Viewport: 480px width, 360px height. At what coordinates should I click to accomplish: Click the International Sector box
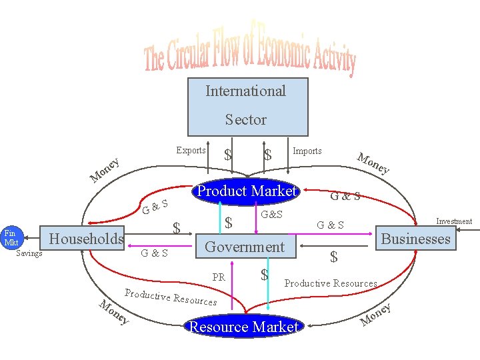(246, 106)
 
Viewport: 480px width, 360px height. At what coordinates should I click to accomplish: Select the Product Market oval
(245, 191)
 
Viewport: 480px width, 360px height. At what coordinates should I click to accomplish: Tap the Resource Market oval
(243, 327)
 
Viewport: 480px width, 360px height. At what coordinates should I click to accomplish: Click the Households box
(87, 239)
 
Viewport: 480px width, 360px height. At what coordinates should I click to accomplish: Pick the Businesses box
(415, 239)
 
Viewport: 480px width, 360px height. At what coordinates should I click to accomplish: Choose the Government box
(245, 247)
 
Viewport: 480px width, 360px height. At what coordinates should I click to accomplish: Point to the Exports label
(191, 150)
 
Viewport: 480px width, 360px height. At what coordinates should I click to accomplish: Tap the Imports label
(307, 151)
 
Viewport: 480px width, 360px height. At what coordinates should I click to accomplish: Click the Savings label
(29, 253)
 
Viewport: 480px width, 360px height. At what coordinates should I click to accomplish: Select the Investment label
(453, 221)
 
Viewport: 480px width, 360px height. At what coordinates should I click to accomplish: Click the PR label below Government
(219, 277)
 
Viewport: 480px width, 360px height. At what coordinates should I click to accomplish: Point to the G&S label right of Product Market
(345, 196)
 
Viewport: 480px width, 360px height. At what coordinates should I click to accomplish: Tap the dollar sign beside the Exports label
(229, 155)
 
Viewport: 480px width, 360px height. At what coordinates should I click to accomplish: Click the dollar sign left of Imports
(268, 155)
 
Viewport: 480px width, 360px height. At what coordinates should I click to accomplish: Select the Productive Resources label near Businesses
(331, 283)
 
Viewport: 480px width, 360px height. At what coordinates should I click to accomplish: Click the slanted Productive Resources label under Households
(171, 297)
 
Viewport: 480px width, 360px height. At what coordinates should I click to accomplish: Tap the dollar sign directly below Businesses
(334, 257)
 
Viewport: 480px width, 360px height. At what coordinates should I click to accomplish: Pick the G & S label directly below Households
(154, 253)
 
